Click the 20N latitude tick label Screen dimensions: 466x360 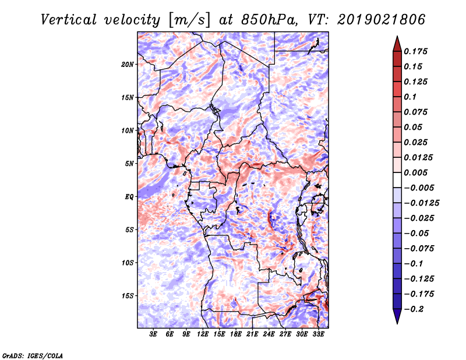[128, 65]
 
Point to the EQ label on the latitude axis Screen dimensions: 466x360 [129, 197]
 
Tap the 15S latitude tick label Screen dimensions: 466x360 [128, 296]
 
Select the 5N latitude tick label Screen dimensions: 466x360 [129, 164]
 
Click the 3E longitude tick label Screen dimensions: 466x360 [153, 334]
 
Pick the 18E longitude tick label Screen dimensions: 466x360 [236, 334]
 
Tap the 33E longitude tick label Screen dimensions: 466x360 [318, 334]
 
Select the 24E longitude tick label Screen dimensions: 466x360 [269, 334]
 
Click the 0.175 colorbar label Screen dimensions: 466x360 [415, 51]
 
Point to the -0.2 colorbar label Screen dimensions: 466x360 [414, 309]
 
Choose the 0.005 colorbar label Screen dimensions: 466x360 [415, 172]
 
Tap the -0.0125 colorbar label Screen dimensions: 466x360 [421, 203]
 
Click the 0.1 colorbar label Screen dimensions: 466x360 [410, 97]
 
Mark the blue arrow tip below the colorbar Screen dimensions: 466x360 [397, 323]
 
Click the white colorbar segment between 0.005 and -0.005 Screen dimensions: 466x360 [397, 180]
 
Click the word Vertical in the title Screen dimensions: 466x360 [69, 20]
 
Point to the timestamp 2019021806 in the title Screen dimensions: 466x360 [382, 20]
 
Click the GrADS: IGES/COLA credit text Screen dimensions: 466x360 [33, 355]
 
